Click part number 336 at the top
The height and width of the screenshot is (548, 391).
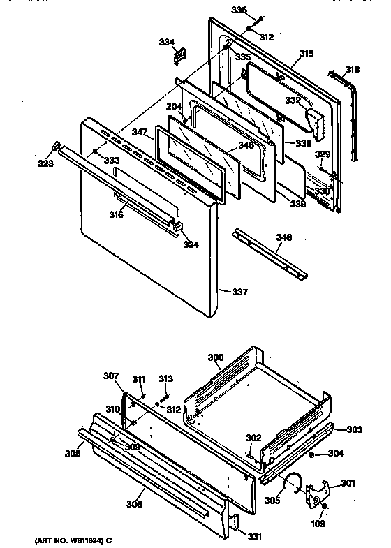tap(239, 10)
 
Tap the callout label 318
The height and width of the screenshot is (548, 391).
tap(353, 70)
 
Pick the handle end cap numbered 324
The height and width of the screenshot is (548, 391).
tap(179, 225)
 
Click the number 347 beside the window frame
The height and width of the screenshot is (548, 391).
tap(138, 131)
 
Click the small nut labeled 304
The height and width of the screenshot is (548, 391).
tap(311, 454)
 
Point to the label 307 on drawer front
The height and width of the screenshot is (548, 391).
tap(112, 376)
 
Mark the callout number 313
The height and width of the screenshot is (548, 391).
tap(165, 379)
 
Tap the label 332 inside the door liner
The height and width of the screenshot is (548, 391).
tap(292, 101)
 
